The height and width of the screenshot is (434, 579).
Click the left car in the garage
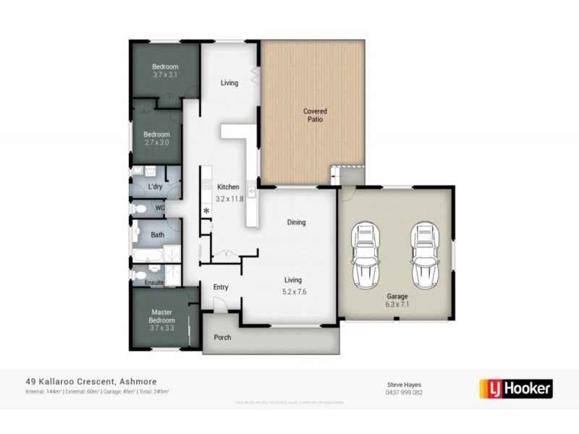click(365, 257)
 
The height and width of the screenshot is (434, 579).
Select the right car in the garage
click(426, 257)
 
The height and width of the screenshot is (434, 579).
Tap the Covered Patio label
click(315, 115)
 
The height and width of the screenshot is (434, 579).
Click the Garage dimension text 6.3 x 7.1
click(397, 305)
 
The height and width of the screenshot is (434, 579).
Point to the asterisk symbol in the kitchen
click(206, 211)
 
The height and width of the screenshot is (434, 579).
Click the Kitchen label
click(228, 187)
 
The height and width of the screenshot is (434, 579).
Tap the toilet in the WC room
click(142, 208)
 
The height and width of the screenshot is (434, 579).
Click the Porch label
click(222, 338)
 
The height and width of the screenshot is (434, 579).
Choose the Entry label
click(221, 287)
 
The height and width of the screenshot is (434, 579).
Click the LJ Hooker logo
click(515, 388)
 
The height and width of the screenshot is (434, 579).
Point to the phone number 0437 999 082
click(403, 393)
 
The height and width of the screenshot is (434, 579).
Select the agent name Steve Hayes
click(403, 384)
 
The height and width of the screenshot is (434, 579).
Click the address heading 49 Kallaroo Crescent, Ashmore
click(91, 381)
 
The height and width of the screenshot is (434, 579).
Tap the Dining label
click(296, 222)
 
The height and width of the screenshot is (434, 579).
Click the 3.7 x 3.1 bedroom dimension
click(165, 75)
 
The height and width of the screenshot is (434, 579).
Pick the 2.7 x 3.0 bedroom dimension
click(156, 142)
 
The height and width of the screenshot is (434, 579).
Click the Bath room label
click(157, 235)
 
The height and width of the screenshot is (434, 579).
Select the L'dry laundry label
click(154, 187)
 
